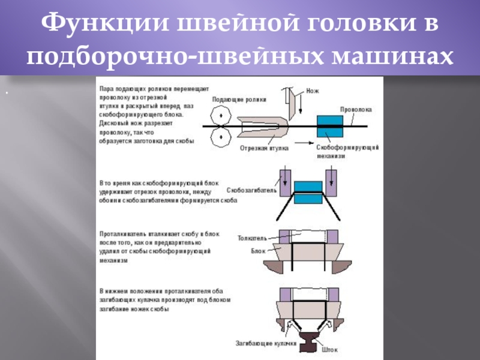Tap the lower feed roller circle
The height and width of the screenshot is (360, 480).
221,139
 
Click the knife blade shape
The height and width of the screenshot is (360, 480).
293,102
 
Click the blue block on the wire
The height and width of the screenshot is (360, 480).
329,126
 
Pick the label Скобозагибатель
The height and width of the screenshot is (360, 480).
251,190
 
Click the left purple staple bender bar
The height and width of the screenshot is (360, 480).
284,180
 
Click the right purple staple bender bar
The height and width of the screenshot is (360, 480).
331,180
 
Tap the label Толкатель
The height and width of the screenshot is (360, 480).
253,238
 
